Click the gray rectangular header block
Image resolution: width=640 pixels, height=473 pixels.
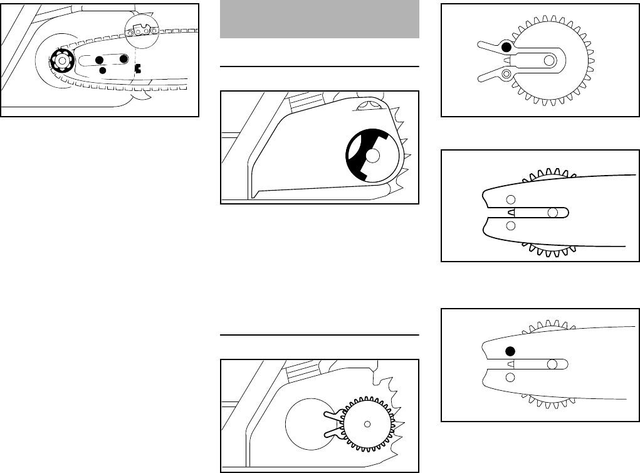(x=320, y=19)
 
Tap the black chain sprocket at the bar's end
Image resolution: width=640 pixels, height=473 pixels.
(x=63, y=61)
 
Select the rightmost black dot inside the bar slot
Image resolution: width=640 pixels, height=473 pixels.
(x=123, y=58)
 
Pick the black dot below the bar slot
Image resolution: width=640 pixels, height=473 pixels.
(x=103, y=70)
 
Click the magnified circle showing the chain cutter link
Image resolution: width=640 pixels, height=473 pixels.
(x=139, y=29)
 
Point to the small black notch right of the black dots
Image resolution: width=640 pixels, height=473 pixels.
(x=137, y=70)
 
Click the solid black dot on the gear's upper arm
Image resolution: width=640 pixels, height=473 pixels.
(x=506, y=46)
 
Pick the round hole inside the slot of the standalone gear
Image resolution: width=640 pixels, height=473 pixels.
(x=549, y=60)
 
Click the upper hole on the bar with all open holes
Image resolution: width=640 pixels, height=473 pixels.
(x=510, y=199)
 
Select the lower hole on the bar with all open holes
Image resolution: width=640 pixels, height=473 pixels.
(x=510, y=225)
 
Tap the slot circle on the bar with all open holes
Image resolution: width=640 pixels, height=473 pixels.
(x=552, y=213)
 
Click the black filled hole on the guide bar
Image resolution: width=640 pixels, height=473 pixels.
(x=510, y=351)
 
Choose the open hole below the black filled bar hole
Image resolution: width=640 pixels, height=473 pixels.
(x=510, y=376)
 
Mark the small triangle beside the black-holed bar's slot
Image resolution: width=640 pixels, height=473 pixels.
(x=510, y=364)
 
